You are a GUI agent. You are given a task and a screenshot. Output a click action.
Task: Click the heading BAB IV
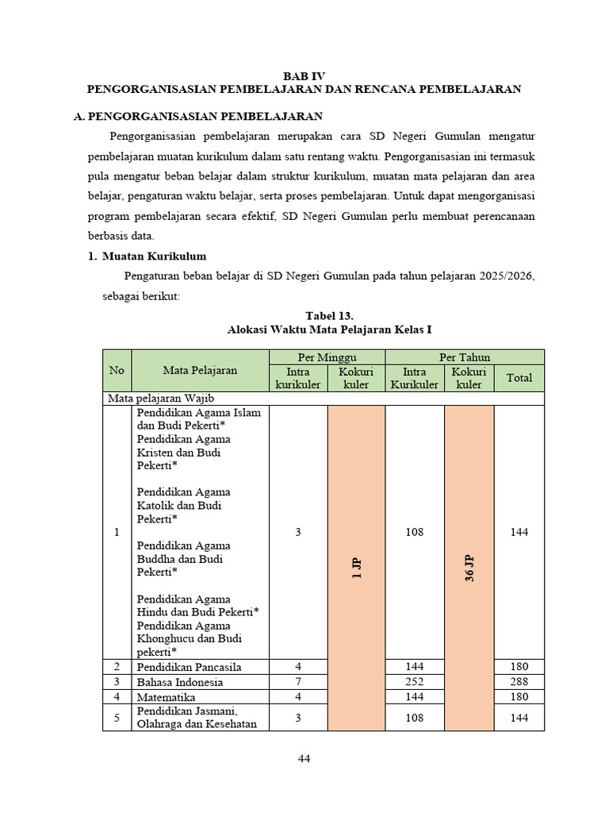point(304,75)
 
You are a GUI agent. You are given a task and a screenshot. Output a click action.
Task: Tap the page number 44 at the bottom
point(304,758)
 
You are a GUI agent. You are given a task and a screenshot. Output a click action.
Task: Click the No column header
point(117,370)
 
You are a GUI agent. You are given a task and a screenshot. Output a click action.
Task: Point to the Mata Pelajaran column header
point(200,370)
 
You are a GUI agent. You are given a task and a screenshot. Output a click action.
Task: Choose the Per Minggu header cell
point(327,356)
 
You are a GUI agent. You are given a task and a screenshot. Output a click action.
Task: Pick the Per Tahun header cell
point(465,356)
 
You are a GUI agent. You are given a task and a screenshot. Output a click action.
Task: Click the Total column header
point(519,378)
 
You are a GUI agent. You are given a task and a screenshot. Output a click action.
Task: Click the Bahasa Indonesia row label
point(179,682)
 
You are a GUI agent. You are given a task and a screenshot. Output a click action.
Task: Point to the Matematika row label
point(167,697)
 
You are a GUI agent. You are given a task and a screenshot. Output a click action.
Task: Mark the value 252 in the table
point(415,682)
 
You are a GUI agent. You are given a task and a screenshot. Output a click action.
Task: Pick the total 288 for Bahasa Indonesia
point(519,682)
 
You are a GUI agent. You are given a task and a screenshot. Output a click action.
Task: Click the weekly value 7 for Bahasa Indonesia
point(298,682)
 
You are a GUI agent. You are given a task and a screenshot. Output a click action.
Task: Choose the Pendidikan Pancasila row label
point(189,666)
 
